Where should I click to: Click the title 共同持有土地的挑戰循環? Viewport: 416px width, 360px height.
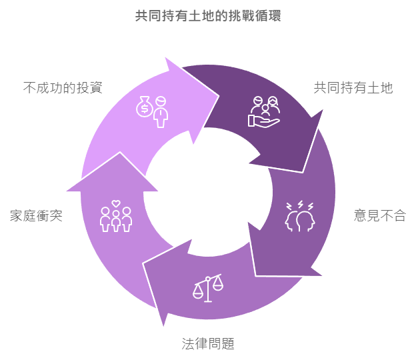tap(208, 16)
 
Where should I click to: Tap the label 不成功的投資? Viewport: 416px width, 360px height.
tap(63, 87)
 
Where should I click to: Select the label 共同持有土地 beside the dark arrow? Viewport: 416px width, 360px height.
tap(353, 87)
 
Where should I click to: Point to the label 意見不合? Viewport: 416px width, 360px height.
tap(379, 215)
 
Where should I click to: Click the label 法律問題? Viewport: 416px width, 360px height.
tap(208, 344)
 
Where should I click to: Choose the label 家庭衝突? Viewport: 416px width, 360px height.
tap(36, 215)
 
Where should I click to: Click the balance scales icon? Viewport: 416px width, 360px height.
tap(208, 288)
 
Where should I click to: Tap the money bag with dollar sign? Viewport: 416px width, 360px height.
tap(145, 107)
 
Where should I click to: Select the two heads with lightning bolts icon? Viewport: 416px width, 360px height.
tap(300, 216)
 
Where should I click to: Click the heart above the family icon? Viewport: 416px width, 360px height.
tap(116, 203)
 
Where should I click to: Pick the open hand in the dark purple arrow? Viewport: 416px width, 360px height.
tap(264, 121)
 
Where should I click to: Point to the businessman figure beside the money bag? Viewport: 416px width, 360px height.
tap(161, 112)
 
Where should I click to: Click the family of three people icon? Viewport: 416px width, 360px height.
tap(116, 219)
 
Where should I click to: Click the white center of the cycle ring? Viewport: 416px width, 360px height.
tap(208, 192)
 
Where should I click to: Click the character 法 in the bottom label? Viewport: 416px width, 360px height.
tap(189, 344)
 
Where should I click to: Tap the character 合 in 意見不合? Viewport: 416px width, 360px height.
tap(399, 215)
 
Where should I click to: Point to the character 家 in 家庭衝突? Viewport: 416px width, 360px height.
tap(17, 215)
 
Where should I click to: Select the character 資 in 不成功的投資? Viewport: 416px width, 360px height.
tap(96, 87)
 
